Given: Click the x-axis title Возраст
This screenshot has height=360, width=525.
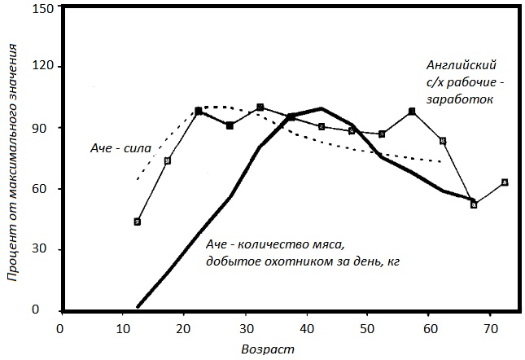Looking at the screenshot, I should click(x=267, y=349).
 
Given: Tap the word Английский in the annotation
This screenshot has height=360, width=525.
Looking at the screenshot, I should click(x=461, y=64).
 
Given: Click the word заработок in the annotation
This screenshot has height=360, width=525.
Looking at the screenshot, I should click(x=465, y=99).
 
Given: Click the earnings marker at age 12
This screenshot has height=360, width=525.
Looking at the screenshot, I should click(x=138, y=222).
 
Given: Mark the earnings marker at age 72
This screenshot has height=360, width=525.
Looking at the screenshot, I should click(x=505, y=182).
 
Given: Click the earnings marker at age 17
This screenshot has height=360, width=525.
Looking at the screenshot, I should click(x=168, y=160).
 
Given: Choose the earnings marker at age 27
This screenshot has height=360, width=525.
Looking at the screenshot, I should click(x=230, y=125).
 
